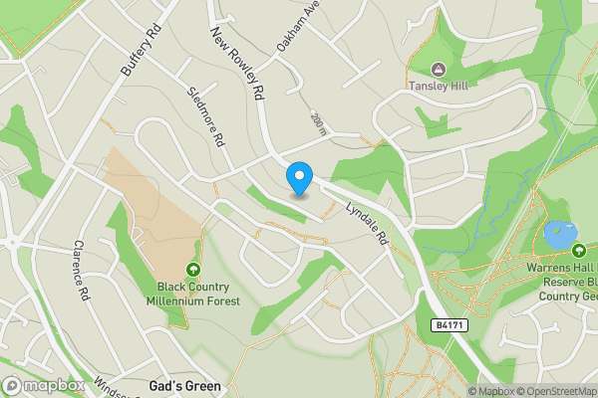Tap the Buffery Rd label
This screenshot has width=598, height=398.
coord(140,51)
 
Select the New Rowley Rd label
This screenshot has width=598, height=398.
coord(236,63)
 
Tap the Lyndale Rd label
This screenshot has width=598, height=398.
coord(366,226)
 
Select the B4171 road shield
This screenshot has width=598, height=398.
coord(450,325)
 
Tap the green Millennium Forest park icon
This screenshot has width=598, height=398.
coord(192,270)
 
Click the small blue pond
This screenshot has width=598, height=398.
coord(560,236)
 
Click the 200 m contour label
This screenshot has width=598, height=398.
coord(318,122)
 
